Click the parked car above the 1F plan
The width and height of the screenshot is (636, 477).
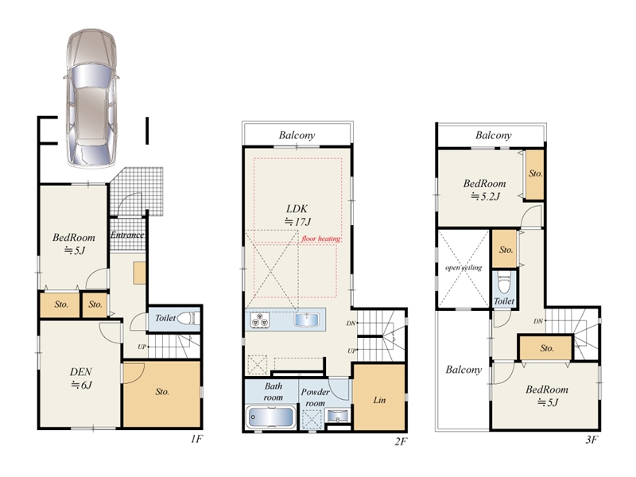pos(91,98)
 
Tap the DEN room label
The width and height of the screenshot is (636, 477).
pos(81,378)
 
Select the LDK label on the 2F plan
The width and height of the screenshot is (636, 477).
pos(297,215)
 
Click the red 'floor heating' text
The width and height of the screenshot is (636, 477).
pos(321,238)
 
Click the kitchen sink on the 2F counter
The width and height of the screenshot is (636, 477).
pos(307,320)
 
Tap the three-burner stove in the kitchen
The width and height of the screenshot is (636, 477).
pos(261,320)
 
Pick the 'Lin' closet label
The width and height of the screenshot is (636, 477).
pos(379,401)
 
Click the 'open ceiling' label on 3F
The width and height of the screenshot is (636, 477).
pos(463,268)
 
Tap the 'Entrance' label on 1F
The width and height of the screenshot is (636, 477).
pos(127,235)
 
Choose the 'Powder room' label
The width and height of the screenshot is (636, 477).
pos(315,397)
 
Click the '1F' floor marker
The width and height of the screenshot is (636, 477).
pos(196,439)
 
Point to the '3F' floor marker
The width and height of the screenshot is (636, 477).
pos(591,439)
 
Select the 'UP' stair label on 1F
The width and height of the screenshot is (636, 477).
pos(142,347)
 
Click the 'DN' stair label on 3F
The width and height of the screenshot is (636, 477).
pos(538,321)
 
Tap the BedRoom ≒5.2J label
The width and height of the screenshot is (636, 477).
pos(485,190)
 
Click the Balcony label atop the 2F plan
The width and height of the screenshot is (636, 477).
pos(297,135)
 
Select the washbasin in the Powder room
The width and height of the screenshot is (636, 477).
pos(336,416)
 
